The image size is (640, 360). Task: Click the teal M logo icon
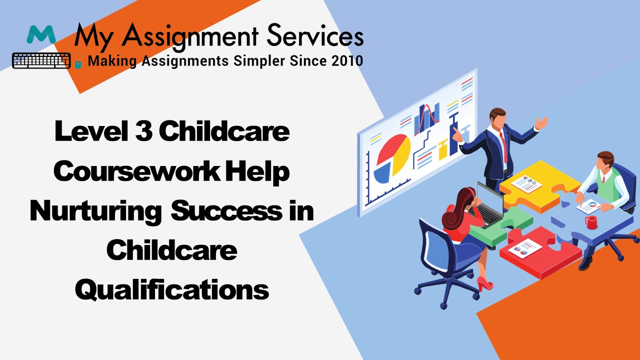point(41,34)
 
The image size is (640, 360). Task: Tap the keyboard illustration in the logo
point(41,60)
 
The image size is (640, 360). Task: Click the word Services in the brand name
point(315,36)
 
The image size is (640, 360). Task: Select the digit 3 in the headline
point(143,130)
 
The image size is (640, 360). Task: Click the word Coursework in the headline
point(137,171)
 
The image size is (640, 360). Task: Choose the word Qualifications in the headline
point(172,290)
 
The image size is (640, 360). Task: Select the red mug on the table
point(591,222)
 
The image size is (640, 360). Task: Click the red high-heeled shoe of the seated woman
point(484,283)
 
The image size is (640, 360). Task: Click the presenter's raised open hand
point(541,123)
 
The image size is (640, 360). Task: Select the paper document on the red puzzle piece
point(525,248)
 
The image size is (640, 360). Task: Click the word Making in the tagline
point(112,61)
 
